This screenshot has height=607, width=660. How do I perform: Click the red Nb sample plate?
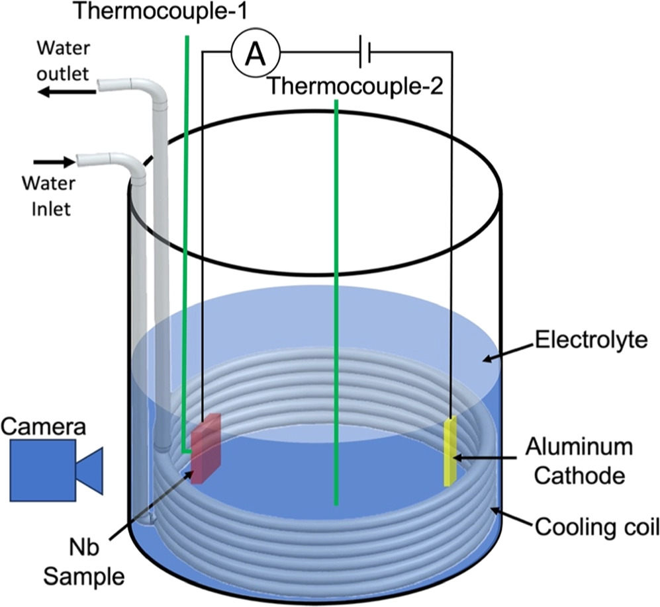click(x=205, y=447)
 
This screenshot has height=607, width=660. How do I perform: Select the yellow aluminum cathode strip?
click(x=450, y=451)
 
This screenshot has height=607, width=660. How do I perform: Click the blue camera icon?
click(x=56, y=469)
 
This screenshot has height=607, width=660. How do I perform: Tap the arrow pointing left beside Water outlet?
click(x=66, y=93)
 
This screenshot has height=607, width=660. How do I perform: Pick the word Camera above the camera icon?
click(x=44, y=426)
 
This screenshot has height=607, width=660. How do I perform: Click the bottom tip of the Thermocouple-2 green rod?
click(x=337, y=503)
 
